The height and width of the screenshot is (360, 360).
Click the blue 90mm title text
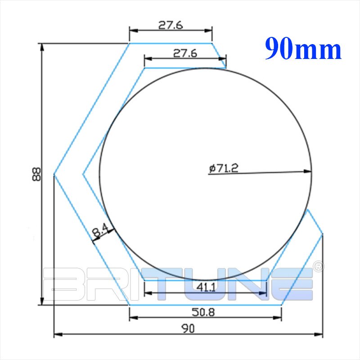coord(303,49)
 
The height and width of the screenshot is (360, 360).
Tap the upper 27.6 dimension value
coord(171,25)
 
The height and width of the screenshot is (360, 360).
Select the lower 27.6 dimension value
coord(185,53)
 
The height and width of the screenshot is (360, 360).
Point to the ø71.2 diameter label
coord(224,168)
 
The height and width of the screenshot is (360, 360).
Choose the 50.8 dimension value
coord(203,312)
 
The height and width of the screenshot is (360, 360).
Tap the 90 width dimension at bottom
coord(188,328)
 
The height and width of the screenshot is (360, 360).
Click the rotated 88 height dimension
coord(36,174)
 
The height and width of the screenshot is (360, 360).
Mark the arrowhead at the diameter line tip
coord(308,171)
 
